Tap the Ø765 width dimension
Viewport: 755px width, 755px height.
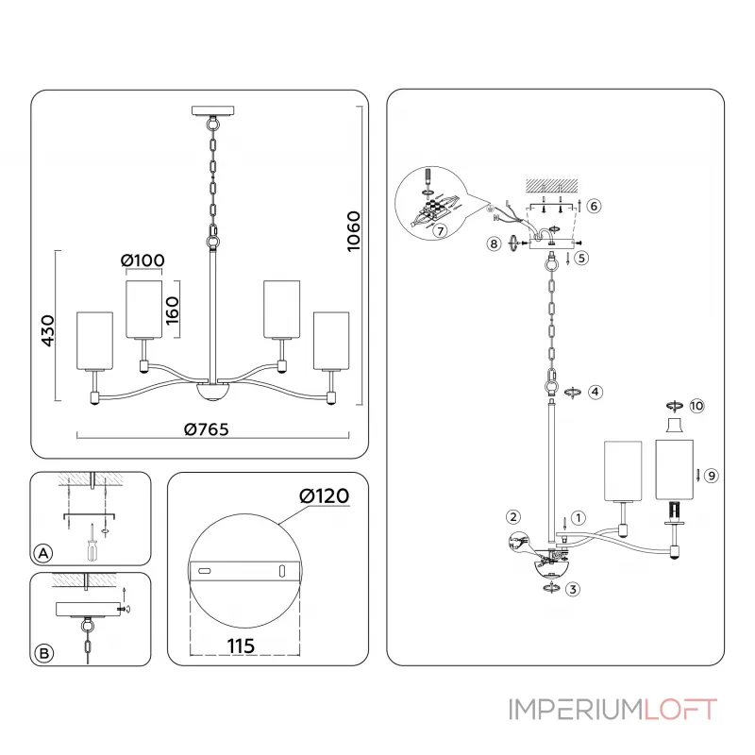(x=207, y=429)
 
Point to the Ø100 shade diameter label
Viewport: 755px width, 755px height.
(x=143, y=260)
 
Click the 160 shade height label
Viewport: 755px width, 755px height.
(x=173, y=305)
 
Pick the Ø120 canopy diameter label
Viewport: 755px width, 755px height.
(x=324, y=495)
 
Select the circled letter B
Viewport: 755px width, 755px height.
(x=42, y=652)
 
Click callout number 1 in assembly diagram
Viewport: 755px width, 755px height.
(x=579, y=517)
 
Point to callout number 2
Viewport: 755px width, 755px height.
(x=512, y=516)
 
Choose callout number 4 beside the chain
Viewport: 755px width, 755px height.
(x=594, y=391)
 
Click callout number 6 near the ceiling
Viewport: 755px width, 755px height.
(x=594, y=205)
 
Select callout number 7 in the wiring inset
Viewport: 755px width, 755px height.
(x=441, y=229)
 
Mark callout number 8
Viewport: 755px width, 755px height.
(x=494, y=243)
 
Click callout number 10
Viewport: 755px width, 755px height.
(x=697, y=406)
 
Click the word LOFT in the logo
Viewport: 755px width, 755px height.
(x=680, y=710)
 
